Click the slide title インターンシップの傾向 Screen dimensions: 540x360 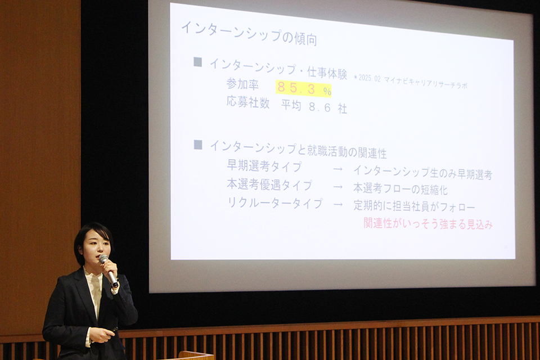point(249,33)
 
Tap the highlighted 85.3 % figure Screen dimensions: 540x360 point(303,88)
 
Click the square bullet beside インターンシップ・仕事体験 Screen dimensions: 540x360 point(197,62)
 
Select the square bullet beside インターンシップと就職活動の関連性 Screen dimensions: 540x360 point(198,145)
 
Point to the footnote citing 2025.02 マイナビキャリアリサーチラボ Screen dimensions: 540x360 point(411,82)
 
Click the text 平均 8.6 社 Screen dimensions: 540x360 point(314,106)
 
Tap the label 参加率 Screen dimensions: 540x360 point(242,84)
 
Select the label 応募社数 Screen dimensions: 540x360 point(248,102)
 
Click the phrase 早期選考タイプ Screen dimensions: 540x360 point(264,166)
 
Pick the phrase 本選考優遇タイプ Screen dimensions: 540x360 point(269,184)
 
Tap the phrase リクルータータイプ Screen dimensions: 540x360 point(275,203)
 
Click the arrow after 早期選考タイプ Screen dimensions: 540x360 point(338,169)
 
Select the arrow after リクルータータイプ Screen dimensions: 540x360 point(338,205)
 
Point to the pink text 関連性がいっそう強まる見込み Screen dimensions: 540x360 point(428,223)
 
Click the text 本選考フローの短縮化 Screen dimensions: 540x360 point(400,189)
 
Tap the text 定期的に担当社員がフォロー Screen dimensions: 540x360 point(415,206)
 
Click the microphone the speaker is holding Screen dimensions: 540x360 point(109,271)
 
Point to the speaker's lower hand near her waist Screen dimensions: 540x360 point(102,335)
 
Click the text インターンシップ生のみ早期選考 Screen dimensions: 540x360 point(422,173)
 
